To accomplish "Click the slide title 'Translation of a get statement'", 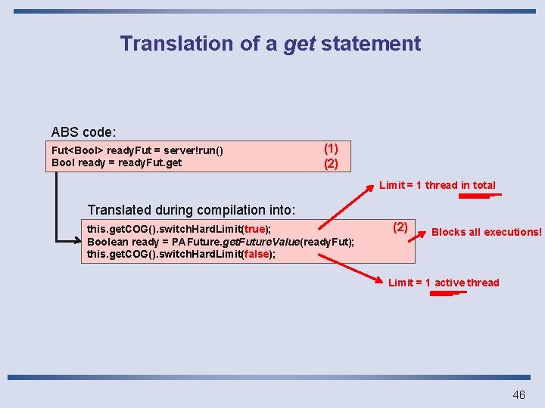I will click(270, 44).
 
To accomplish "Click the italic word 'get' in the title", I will click(299, 44).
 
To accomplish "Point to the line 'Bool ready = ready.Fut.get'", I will click(117, 162).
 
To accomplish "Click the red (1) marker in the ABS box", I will click(331, 149).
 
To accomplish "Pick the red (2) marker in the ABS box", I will click(331, 163).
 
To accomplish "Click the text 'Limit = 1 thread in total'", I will click(438, 185).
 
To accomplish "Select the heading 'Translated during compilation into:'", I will click(192, 209).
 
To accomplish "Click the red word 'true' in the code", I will click(254, 229).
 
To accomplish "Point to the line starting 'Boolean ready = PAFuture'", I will click(220, 242).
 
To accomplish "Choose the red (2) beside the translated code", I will click(400, 227).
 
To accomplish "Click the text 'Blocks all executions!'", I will click(486, 232).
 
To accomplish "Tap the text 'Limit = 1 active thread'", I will click(444, 283).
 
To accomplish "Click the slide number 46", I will click(519, 394).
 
